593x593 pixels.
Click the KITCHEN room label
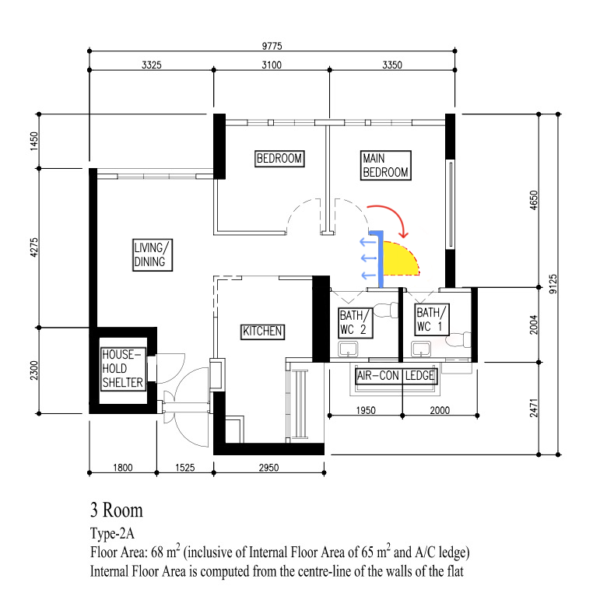pos(262,332)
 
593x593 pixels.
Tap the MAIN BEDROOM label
pos(384,166)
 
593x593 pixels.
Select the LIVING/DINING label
pos(151,254)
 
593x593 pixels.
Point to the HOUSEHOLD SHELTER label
pos(122,369)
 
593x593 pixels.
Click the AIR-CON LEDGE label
pos(395,376)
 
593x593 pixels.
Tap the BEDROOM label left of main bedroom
pos(279,159)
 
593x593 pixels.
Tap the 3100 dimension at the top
pos(272,65)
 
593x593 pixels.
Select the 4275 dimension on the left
pos(35,247)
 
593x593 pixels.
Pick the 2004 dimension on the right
pos(534,325)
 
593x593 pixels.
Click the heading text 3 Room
pos(117,511)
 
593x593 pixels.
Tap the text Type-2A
pos(112,534)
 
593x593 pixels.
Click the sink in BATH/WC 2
pos(349,349)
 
